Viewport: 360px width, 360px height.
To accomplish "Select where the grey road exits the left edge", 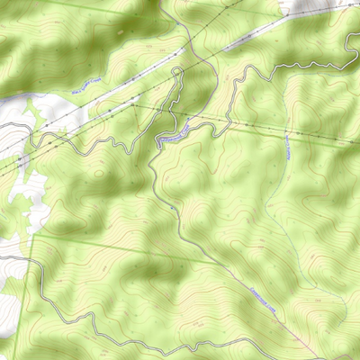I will (2, 258).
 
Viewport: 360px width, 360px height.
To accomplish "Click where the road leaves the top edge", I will (162, 2).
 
